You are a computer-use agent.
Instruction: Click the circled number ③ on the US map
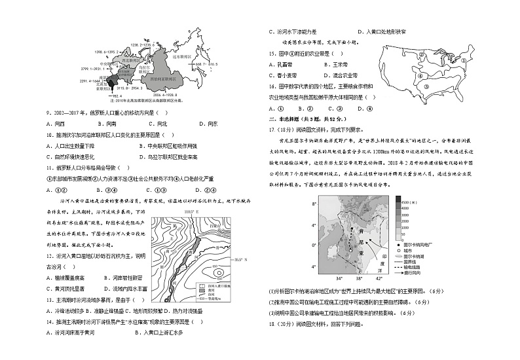tap(426, 86)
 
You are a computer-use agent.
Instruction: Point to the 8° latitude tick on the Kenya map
tap(314, 205)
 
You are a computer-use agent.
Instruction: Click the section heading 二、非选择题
tap(291, 119)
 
